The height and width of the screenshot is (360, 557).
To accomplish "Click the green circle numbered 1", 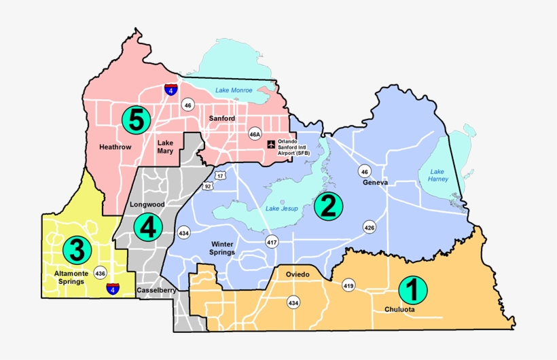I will [x=412, y=290].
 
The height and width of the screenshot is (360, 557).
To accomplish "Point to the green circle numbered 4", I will [x=147, y=228].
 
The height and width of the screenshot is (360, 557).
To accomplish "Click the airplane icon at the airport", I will [x=272, y=144].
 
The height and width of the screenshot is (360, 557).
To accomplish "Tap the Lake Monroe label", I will [x=234, y=90].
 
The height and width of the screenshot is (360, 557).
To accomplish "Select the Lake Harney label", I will [x=436, y=175].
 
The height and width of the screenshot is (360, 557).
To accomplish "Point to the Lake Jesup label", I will [x=281, y=209].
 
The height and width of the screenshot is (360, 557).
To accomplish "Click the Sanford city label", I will [x=221, y=118].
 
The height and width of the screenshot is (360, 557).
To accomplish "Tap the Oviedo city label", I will [x=296, y=274].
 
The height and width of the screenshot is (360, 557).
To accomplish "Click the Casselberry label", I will [x=157, y=290].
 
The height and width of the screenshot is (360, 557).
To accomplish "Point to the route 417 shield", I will [x=272, y=242].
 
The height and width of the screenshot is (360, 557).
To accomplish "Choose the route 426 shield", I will [x=370, y=227].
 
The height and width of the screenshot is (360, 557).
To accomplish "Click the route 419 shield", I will [x=348, y=285].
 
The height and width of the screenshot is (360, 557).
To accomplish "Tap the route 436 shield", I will [x=101, y=273].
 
